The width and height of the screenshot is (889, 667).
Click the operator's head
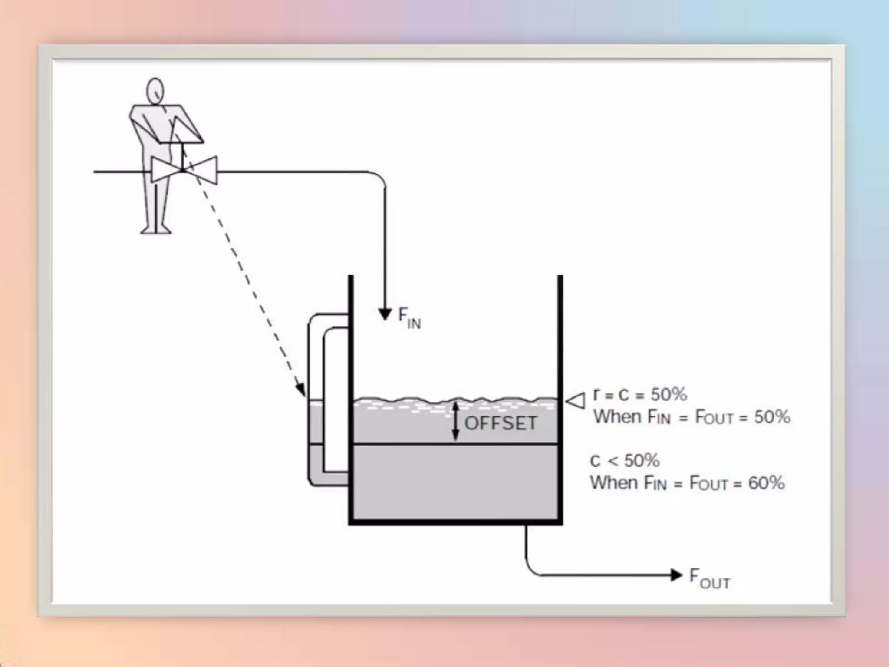tap(155, 91)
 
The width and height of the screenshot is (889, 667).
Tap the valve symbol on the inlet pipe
tap(184, 170)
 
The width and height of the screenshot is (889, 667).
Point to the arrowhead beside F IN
tap(385, 314)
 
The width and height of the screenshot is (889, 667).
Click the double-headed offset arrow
tap(455, 421)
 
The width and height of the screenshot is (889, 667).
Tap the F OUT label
tap(709, 579)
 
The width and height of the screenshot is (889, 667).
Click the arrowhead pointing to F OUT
tap(676, 575)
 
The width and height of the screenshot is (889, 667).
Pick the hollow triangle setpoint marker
tap(576, 400)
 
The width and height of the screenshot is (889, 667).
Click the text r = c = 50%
tap(640, 395)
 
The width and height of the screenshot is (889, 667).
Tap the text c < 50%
tap(625, 460)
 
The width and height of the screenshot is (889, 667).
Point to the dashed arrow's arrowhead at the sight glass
tap(301, 390)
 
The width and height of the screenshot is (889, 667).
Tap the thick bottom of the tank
tap(455, 522)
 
